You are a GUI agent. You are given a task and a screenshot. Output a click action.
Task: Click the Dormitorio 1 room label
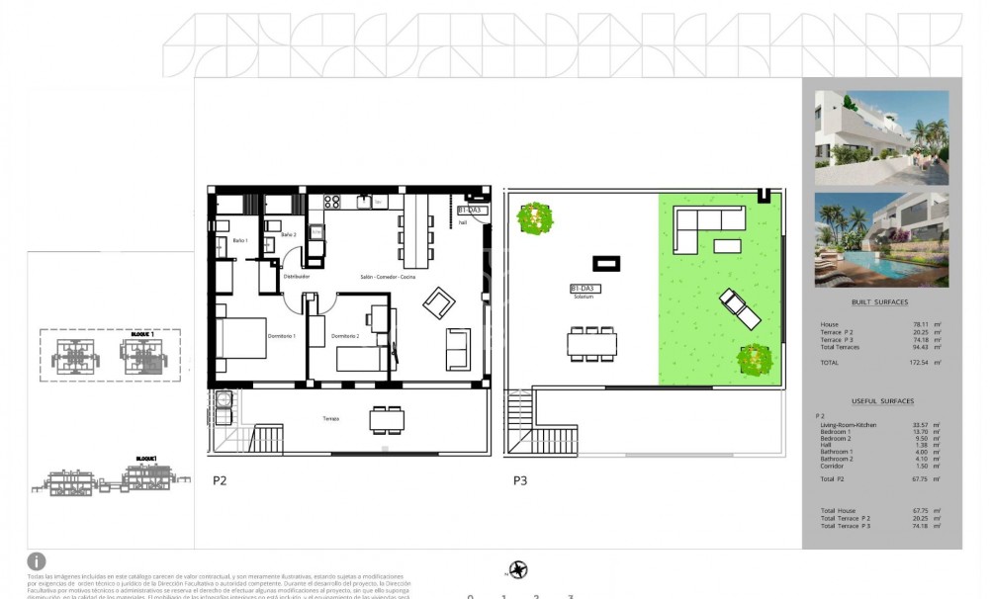[280, 336]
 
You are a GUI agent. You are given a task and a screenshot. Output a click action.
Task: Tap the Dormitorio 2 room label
[344, 336]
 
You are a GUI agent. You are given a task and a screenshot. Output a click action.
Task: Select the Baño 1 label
[240, 241]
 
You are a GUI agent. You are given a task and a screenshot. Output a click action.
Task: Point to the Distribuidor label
[297, 277]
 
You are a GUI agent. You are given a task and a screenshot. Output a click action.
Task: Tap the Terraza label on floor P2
[330, 419]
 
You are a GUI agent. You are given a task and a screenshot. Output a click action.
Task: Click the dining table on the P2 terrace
[386, 420]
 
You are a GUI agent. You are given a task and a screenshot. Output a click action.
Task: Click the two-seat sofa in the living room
[458, 348]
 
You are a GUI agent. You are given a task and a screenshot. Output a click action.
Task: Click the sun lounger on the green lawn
[740, 308]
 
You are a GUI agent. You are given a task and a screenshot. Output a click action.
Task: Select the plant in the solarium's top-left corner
[535, 216]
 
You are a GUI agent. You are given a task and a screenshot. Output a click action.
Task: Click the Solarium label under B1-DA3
[582, 299]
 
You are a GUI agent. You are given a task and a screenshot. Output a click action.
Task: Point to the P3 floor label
[519, 481]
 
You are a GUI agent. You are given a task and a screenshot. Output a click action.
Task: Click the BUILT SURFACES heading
[878, 302]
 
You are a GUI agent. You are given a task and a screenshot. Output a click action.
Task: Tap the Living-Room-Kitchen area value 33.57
[919, 424]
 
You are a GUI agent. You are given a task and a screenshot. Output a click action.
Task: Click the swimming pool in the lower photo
[895, 266]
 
